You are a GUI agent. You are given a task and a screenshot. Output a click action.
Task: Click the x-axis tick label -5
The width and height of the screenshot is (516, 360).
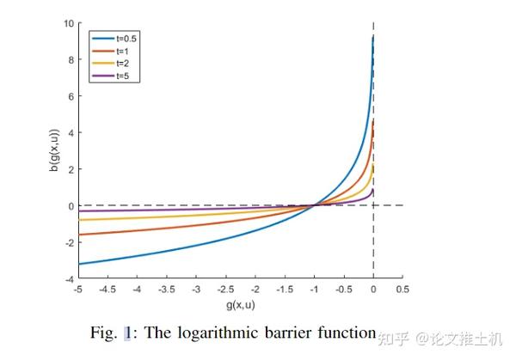(78, 290)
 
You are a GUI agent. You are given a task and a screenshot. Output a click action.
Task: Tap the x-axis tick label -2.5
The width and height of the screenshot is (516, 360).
(225, 290)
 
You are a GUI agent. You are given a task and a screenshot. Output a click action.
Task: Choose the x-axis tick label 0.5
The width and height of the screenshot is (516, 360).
(402, 290)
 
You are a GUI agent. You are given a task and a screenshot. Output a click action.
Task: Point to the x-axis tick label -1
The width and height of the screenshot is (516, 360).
(314, 290)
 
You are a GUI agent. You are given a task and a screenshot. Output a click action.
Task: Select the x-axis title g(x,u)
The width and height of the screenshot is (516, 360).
(240, 305)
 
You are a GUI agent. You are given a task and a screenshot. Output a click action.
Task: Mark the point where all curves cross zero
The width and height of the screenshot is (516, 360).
(315, 205)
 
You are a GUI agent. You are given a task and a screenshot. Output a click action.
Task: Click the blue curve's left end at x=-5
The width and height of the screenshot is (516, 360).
(78, 264)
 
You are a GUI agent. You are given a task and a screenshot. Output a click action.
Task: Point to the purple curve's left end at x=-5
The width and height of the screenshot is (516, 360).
(78, 211)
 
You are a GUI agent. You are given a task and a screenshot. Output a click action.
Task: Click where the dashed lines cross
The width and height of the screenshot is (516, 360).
(373, 205)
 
